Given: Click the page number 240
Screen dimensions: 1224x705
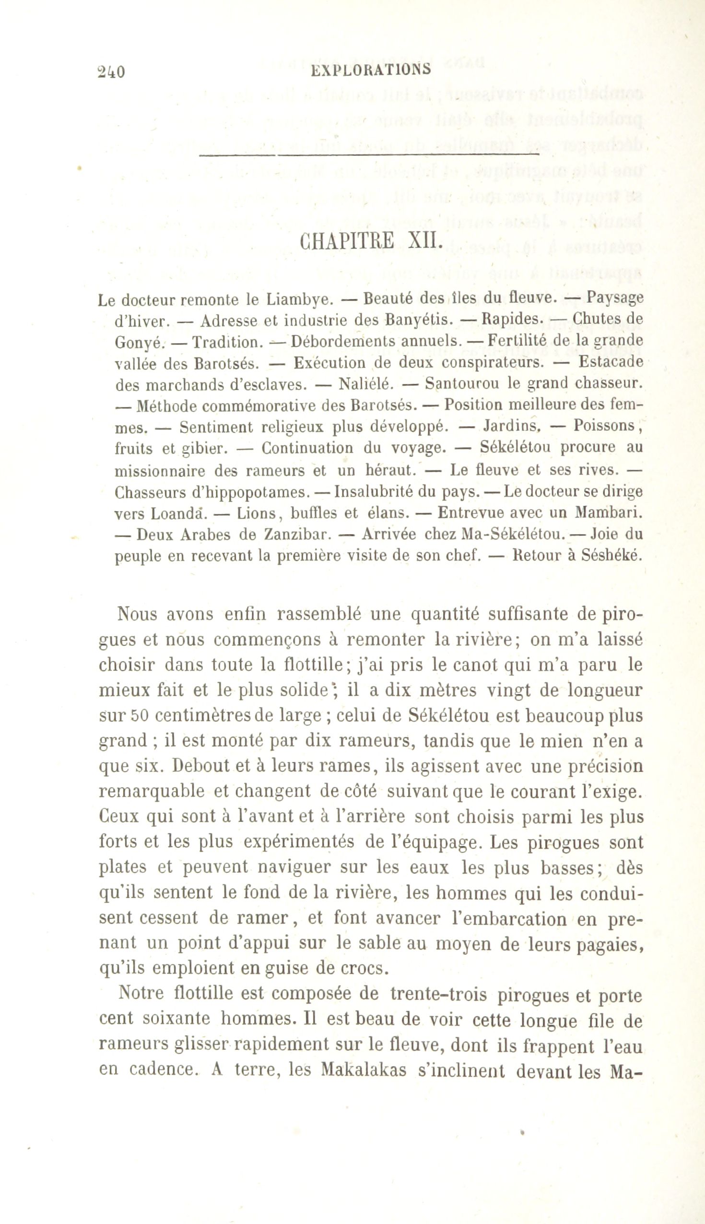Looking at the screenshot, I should click(111, 71).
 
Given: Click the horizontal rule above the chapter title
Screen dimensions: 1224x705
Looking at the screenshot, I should click(369, 155).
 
